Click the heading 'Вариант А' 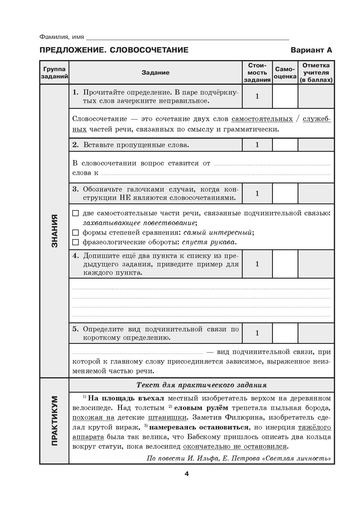tap(311, 50)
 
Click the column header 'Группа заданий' tap(54, 73)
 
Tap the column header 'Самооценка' tap(285, 73)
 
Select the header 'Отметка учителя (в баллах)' tap(316, 73)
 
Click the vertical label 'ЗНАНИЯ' tap(54, 231)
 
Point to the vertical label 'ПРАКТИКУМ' tap(54, 421)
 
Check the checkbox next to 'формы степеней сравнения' tap(75, 232)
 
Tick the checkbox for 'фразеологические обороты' tap(75, 242)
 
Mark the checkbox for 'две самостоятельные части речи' tap(75, 213)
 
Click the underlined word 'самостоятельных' tap(262, 119)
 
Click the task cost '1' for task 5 tap(257, 333)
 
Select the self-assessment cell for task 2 tap(285, 145)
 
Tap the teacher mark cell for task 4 tap(316, 264)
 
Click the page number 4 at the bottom tap(186, 474)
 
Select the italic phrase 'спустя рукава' tap(209, 242)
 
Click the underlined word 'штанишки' tap(167, 418)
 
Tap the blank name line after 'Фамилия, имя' tap(187, 37)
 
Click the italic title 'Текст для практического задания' tap(202, 385)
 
